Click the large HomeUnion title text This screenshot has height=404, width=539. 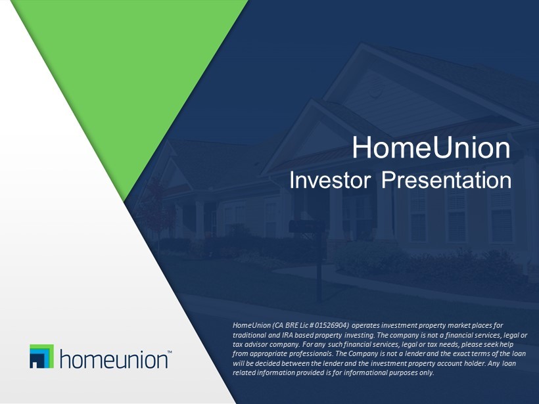(431, 148)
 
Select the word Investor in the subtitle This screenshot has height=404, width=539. (330, 180)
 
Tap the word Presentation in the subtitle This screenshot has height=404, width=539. (446, 180)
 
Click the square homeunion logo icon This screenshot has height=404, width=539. (41, 356)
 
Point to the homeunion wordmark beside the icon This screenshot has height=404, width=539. (114, 359)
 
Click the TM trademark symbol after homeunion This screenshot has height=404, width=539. (170, 352)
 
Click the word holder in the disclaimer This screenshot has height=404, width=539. (476, 363)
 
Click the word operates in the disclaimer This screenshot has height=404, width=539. (365, 326)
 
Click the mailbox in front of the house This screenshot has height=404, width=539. (307, 227)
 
